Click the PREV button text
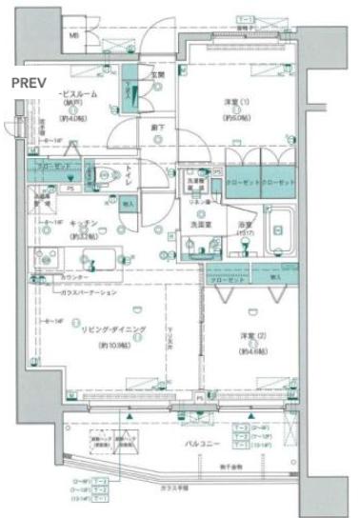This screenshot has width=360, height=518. tap(27, 82)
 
